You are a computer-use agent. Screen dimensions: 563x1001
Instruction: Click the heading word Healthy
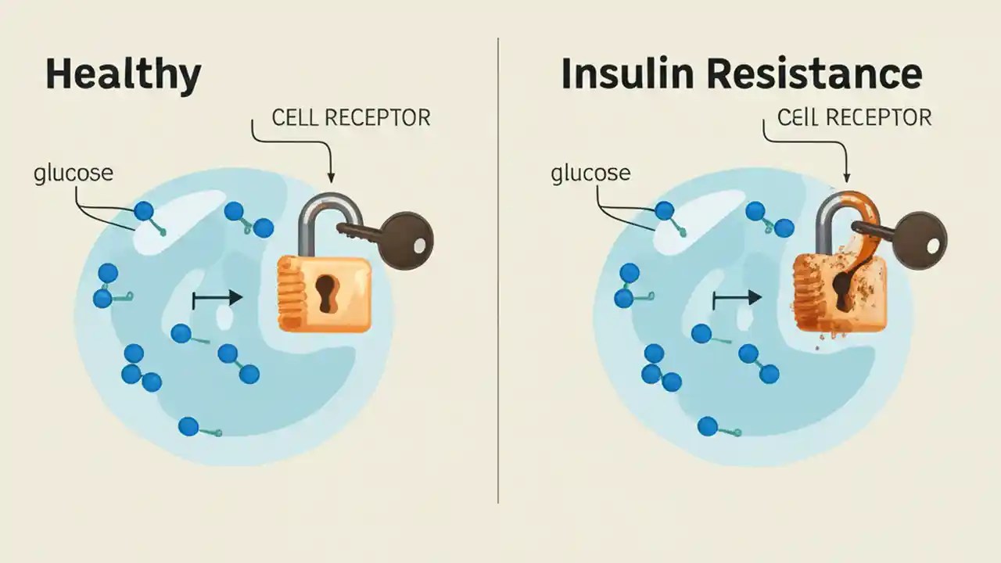point(123,74)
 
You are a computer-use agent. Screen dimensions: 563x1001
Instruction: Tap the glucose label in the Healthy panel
point(74,173)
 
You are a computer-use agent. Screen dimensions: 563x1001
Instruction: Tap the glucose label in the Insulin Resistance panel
point(590,173)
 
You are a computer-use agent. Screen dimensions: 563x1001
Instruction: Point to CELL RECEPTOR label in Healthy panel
point(351,118)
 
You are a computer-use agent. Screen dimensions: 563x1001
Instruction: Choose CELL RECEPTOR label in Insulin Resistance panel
point(854,117)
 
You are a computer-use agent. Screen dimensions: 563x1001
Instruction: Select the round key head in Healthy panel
point(407,241)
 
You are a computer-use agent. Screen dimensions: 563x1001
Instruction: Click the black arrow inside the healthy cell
point(217,297)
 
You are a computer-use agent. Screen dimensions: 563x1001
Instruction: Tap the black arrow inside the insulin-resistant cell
point(737,297)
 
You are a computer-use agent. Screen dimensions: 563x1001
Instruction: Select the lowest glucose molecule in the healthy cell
point(189,426)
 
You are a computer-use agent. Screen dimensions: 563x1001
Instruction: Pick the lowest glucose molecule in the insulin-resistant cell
point(708,426)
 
